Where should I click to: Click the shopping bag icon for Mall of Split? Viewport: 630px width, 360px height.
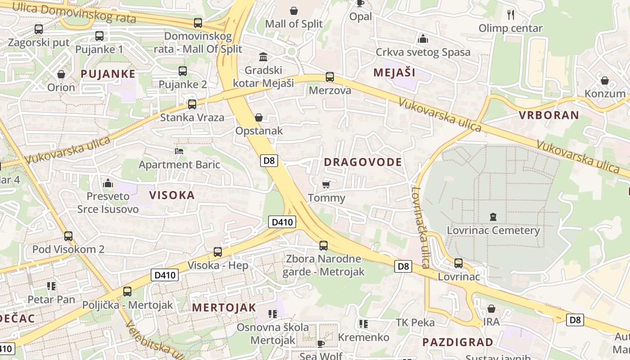294,11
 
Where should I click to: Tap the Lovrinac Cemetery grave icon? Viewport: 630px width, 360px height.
493,217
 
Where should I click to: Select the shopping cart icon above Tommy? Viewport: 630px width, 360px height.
326,184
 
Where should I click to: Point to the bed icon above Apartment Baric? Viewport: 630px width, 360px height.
179,151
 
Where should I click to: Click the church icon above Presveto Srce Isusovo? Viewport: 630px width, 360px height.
108,183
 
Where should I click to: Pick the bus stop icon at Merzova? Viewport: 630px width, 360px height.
330,77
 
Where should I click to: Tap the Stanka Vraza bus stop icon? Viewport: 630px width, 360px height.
192,104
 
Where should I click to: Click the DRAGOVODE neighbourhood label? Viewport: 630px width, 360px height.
363,162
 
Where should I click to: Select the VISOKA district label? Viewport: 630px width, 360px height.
172,195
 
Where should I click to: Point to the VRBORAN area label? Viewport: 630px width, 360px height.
549,115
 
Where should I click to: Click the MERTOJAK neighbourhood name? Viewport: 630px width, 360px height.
224,308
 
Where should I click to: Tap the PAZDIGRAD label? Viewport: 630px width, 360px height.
458,342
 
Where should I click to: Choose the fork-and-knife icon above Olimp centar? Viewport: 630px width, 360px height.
511,15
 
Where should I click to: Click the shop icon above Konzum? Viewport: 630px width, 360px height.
605,81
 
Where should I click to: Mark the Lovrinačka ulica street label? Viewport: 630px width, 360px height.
419,227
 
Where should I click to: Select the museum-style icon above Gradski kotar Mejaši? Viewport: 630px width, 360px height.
263,57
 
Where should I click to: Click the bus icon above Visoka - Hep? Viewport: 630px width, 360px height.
218,252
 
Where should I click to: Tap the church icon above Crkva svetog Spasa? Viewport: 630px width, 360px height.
423,39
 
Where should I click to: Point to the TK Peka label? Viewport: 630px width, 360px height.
415,323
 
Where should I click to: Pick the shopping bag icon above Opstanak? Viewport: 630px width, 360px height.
259,117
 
